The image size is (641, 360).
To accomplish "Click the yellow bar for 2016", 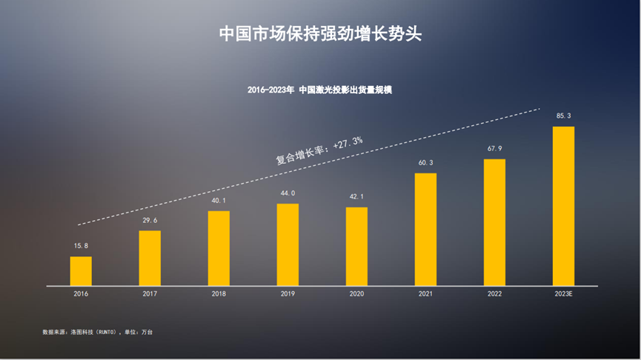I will [81, 270].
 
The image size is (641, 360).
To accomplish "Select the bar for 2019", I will [288, 244].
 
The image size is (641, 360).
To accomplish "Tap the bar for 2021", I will [425, 229].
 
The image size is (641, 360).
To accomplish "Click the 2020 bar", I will [356, 246].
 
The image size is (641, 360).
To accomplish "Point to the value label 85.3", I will [563, 116].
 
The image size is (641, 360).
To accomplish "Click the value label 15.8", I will [81, 246].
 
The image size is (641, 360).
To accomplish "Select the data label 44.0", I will [288, 193].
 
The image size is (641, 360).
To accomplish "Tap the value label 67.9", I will [494, 149].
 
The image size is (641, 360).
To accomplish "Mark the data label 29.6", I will [150, 220].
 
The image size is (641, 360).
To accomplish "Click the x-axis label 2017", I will [150, 294].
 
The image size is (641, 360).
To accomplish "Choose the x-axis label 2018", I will [219, 294].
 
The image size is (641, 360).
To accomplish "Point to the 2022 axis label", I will [494, 294].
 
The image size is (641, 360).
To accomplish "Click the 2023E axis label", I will [563, 294].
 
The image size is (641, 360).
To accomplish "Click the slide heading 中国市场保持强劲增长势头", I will [320, 34].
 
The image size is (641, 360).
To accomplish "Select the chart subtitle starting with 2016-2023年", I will [319, 90].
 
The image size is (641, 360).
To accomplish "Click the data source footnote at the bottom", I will [98, 332].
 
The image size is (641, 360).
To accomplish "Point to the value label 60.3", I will [425, 163].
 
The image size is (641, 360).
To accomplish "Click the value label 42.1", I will [356, 196].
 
